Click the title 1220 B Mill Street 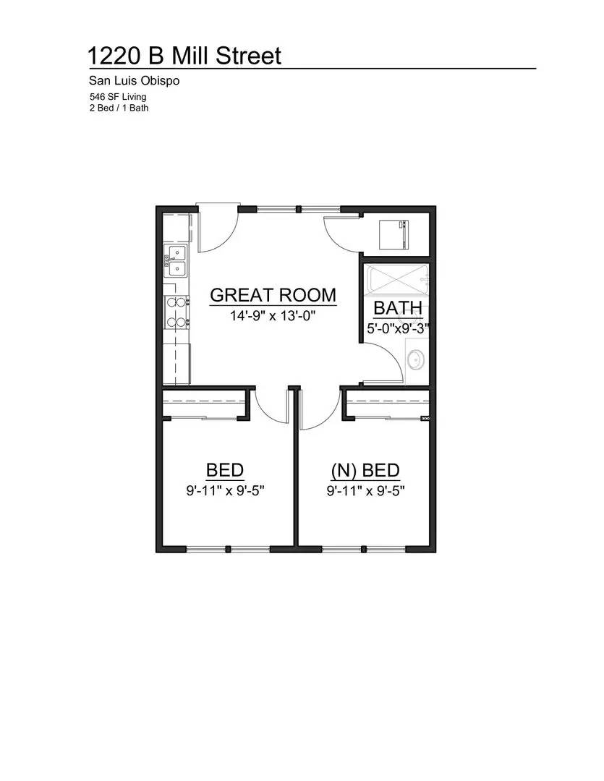[x=184, y=56]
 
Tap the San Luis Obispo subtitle [x=134, y=81]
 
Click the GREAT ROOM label [x=273, y=295]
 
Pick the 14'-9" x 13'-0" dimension [x=273, y=315]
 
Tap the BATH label [x=397, y=308]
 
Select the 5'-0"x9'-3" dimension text [x=397, y=328]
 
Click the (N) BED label [x=365, y=471]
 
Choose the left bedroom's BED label [x=224, y=471]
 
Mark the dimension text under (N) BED [x=365, y=491]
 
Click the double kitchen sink [x=176, y=261]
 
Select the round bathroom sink [x=416, y=359]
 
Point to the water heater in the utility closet [x=394, y=234]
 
